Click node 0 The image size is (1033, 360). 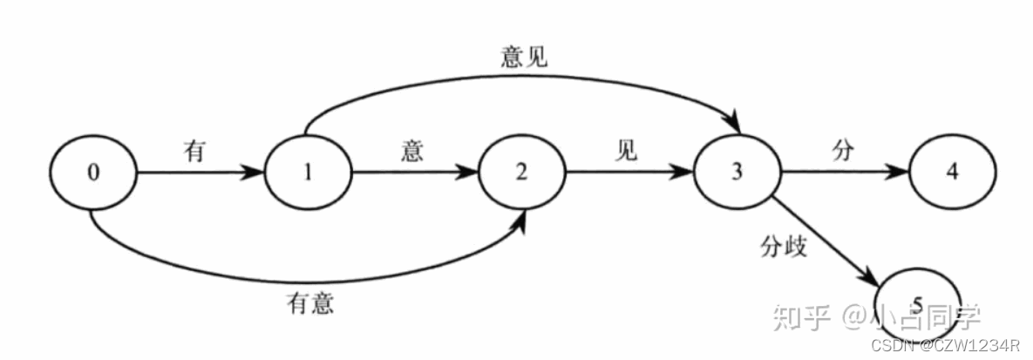click(94, 173)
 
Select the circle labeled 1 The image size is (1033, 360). click(307, 173)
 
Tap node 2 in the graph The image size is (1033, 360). click(521, 173)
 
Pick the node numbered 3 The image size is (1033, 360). click(737, 173)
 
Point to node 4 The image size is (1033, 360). click(952, 173)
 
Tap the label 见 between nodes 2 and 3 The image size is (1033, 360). click(625, 151)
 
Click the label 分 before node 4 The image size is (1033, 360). click(841, 151)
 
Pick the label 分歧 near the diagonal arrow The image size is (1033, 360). click(782, 248)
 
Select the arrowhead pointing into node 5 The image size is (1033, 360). click(880, 277)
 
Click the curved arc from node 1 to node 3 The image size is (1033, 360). click(523, 76)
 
